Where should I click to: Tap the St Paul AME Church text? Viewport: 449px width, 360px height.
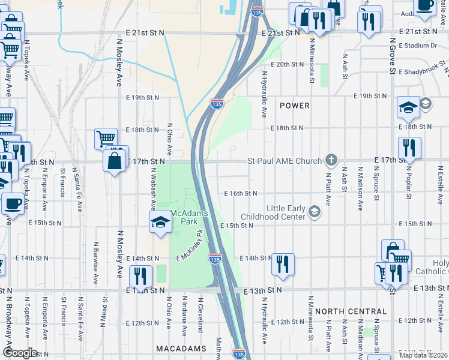285,161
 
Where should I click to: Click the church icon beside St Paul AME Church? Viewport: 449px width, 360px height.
330,160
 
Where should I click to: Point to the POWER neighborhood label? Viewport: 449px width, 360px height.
295,106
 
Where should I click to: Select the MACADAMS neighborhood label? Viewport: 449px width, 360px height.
181,348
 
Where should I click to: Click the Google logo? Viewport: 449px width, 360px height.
20,353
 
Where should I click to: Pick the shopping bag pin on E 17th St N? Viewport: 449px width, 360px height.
114,161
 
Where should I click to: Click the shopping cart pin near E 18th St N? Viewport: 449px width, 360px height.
106,139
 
